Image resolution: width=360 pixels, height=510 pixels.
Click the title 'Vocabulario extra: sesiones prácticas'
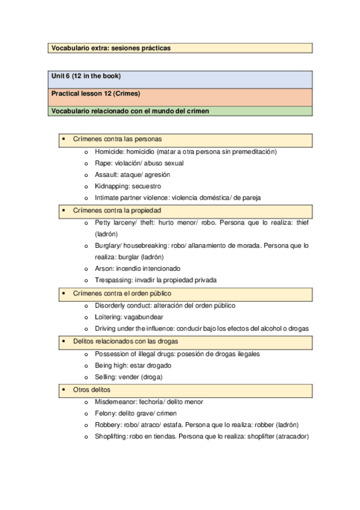click(x=111, y=48)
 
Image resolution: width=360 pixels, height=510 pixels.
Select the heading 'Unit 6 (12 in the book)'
click(x=86, y=76)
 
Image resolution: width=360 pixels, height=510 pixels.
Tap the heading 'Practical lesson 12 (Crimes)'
click(x=96, y=94)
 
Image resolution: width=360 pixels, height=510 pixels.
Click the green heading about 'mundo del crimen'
click(x=130, y=111)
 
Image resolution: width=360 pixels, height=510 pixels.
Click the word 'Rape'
click(x=102, y=163)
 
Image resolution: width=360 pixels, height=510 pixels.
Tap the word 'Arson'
click(x=103, y=268)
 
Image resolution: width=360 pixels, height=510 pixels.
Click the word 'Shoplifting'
click(x=111, y=437)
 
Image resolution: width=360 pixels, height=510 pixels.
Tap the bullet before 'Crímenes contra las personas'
click(x=63, y=139)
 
